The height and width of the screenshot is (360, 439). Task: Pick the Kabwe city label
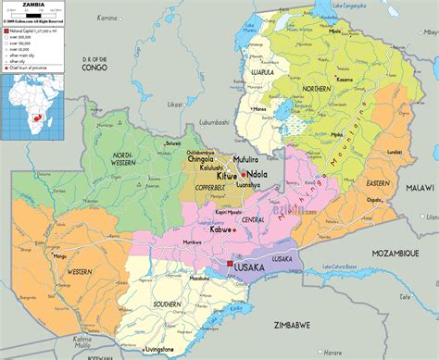click(x=221, y=229)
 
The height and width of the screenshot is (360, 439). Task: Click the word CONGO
click(x=94, y=68)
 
